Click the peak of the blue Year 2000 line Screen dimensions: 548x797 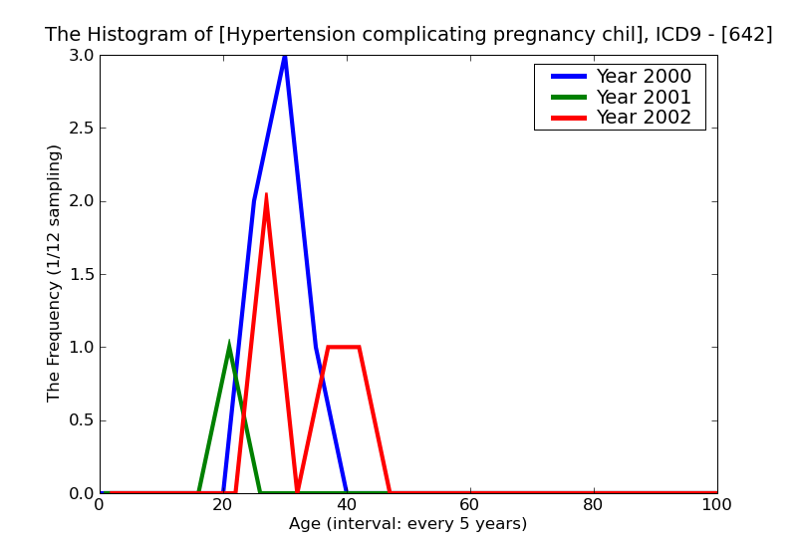coord(285,56)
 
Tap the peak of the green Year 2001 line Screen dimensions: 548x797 coord(229,347)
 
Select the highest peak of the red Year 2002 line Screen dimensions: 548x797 coord(266,196)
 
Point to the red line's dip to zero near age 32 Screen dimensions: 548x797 coord(297,491)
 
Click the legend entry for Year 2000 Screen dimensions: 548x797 coord(643,77)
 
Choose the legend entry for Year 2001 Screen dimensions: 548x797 coord(643,97)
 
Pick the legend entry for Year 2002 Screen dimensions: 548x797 coord(643,118)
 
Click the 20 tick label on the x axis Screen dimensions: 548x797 coord(223,505)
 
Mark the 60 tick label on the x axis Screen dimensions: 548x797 coord(470,505)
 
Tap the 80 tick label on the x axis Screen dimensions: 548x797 coord(594,505)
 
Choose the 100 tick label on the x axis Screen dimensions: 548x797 coord(716,505)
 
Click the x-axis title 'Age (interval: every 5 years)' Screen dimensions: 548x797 coord(407,524)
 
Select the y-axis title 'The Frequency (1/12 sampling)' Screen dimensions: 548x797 coord(55,273)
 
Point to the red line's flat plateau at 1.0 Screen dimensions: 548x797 coord(344,347)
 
